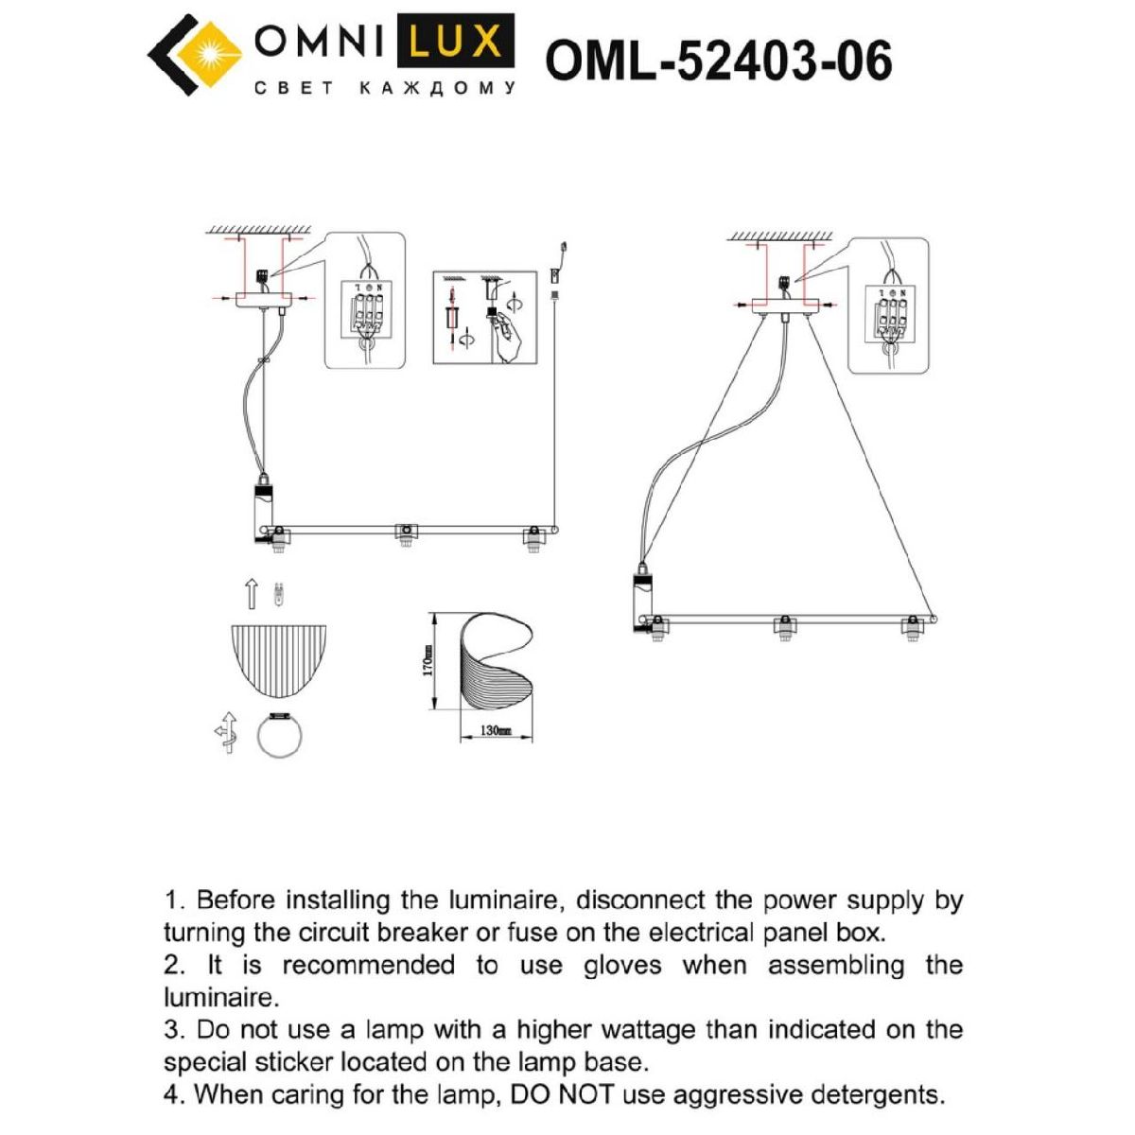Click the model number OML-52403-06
(719, 61)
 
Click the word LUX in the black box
(456, 41)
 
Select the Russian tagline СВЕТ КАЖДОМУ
(386, 88)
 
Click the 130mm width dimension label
(496, 731)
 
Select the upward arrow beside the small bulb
(252, 594)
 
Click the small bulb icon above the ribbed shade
(278, 595)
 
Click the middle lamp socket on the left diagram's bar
(405, 533)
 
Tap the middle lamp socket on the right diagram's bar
(783, 627)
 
